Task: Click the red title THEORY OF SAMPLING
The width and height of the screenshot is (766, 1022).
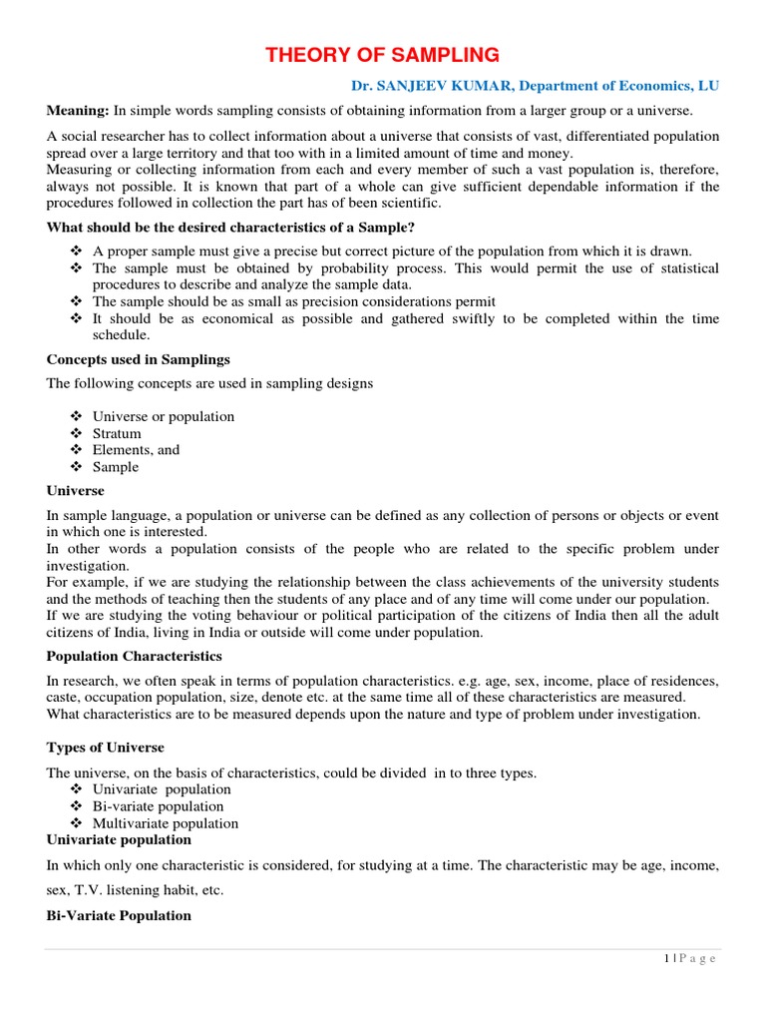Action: [382, 54]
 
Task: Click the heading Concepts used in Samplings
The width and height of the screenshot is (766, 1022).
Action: [138, 359]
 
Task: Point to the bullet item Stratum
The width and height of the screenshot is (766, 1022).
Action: [117, 433]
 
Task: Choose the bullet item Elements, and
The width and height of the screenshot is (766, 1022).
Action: [136, 450]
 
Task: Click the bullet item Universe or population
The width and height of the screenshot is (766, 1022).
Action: [163, 416]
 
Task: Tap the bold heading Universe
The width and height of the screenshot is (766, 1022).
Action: [76, 491]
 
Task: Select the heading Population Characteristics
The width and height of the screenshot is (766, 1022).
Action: [135, 656]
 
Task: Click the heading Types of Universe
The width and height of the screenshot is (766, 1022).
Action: [106, 748]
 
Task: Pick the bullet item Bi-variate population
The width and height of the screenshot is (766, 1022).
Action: [158, 806]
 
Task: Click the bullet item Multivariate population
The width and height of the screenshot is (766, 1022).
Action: [166, 823]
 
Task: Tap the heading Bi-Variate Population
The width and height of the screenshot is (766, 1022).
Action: [119, 915]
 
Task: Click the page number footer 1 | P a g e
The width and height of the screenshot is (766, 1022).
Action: [689, 958]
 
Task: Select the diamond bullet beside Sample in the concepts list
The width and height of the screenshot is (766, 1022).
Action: [78, 467]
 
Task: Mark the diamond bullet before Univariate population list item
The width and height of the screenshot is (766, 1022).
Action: [78, 789]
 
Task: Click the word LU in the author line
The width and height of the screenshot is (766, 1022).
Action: [707, 87]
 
